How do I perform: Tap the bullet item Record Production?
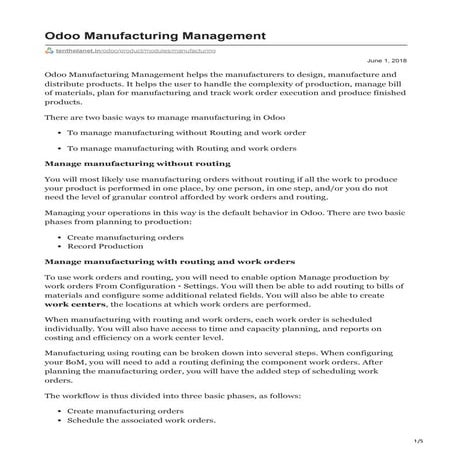112,245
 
